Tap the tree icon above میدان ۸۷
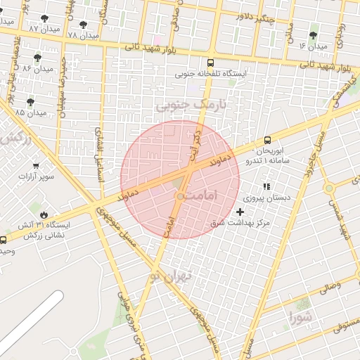tap(46, 18)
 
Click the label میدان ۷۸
tap(82, 34)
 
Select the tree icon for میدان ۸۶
tap(37, 58)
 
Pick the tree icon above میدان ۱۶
tap(313, 34)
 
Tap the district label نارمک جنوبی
tap(173, 106)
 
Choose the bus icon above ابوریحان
tap(267, 140)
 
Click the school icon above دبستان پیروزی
tap(266, 186)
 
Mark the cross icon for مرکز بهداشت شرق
tap(241, 212)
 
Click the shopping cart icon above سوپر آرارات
tap(35, 167)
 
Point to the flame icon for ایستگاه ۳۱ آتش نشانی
tap(44, 214)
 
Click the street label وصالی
tap(329, 287)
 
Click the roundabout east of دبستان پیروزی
tap(328, 188)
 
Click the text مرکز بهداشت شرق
tap(241, 223)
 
